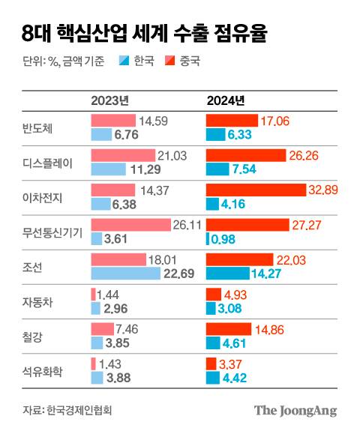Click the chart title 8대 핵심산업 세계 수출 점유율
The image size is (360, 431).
(143, 33)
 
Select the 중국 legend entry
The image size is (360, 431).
(183, 61)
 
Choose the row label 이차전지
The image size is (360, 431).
(43, 197)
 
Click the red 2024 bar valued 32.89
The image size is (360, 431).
(256, 190)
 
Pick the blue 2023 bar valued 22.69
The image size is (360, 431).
(125, 274)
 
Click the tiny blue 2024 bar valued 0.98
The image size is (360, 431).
(208, 238)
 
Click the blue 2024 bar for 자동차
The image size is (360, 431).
(214, 308)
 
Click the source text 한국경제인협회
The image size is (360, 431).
(83, 410)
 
